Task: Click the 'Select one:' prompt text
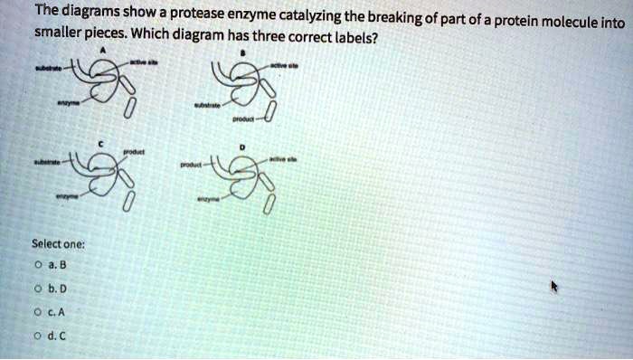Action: point(58,244)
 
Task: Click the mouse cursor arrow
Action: point(555,287)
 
